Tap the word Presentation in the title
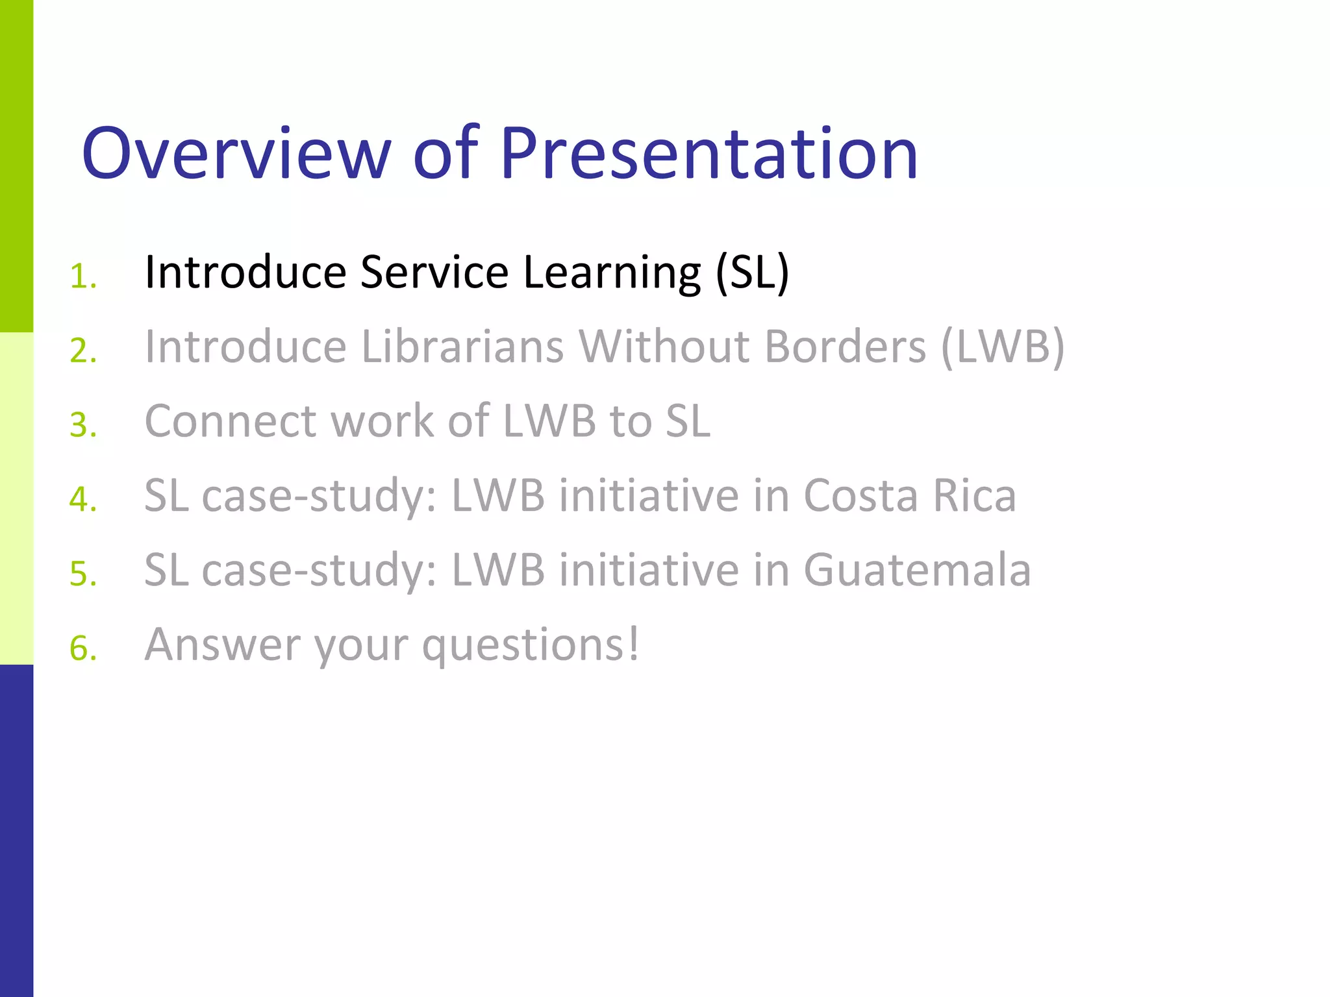pyautogui.click(x=709, y=153)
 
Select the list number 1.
pyautogui.click(x=83, y=277)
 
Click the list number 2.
pyautogui.click(x=83, y=351)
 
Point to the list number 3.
pyautogui.click(x=83, y=426)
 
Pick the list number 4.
pyautogui.click(x=83, y=500)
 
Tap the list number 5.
pyautogui.click(x=83, y=574)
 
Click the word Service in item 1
pyautogui.click(x=434, y=272)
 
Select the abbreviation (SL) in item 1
pyautogui.click(x=752, y=273)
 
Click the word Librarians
pyautogui.click(x=462, y=347)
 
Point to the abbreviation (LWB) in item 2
pyautogui.click(x=1003, y=347)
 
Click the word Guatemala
pyautogui.click(x=917, y=570)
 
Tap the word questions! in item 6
pyautogui.click(x=531, y=646)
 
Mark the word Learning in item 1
pyautogui.click(x=612, y=273)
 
